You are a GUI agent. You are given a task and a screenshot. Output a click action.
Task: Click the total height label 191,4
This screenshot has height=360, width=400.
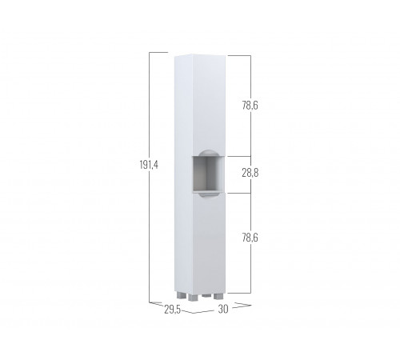pos(149,165)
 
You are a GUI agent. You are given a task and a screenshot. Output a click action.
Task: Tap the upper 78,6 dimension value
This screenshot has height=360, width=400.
pos(250,106)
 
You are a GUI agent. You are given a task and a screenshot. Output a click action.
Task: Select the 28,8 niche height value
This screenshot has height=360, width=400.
pos(250,174)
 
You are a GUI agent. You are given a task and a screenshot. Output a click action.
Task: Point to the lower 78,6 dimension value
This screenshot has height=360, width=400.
pos(250,238)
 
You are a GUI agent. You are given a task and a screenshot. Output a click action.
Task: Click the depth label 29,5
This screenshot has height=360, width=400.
pos(172,310)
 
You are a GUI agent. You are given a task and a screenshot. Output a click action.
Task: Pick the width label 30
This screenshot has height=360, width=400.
pos(223,309)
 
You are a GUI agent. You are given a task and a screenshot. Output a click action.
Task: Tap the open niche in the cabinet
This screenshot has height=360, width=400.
pos(209,174)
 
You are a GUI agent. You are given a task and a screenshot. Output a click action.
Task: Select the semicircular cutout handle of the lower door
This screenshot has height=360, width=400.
pos(206,195)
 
